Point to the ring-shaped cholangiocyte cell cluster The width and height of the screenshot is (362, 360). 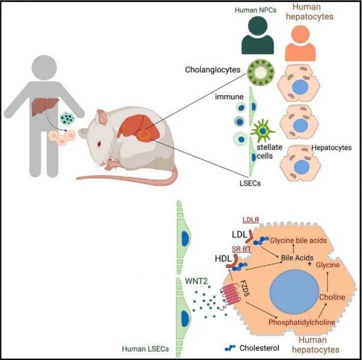(x=261, y=71)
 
